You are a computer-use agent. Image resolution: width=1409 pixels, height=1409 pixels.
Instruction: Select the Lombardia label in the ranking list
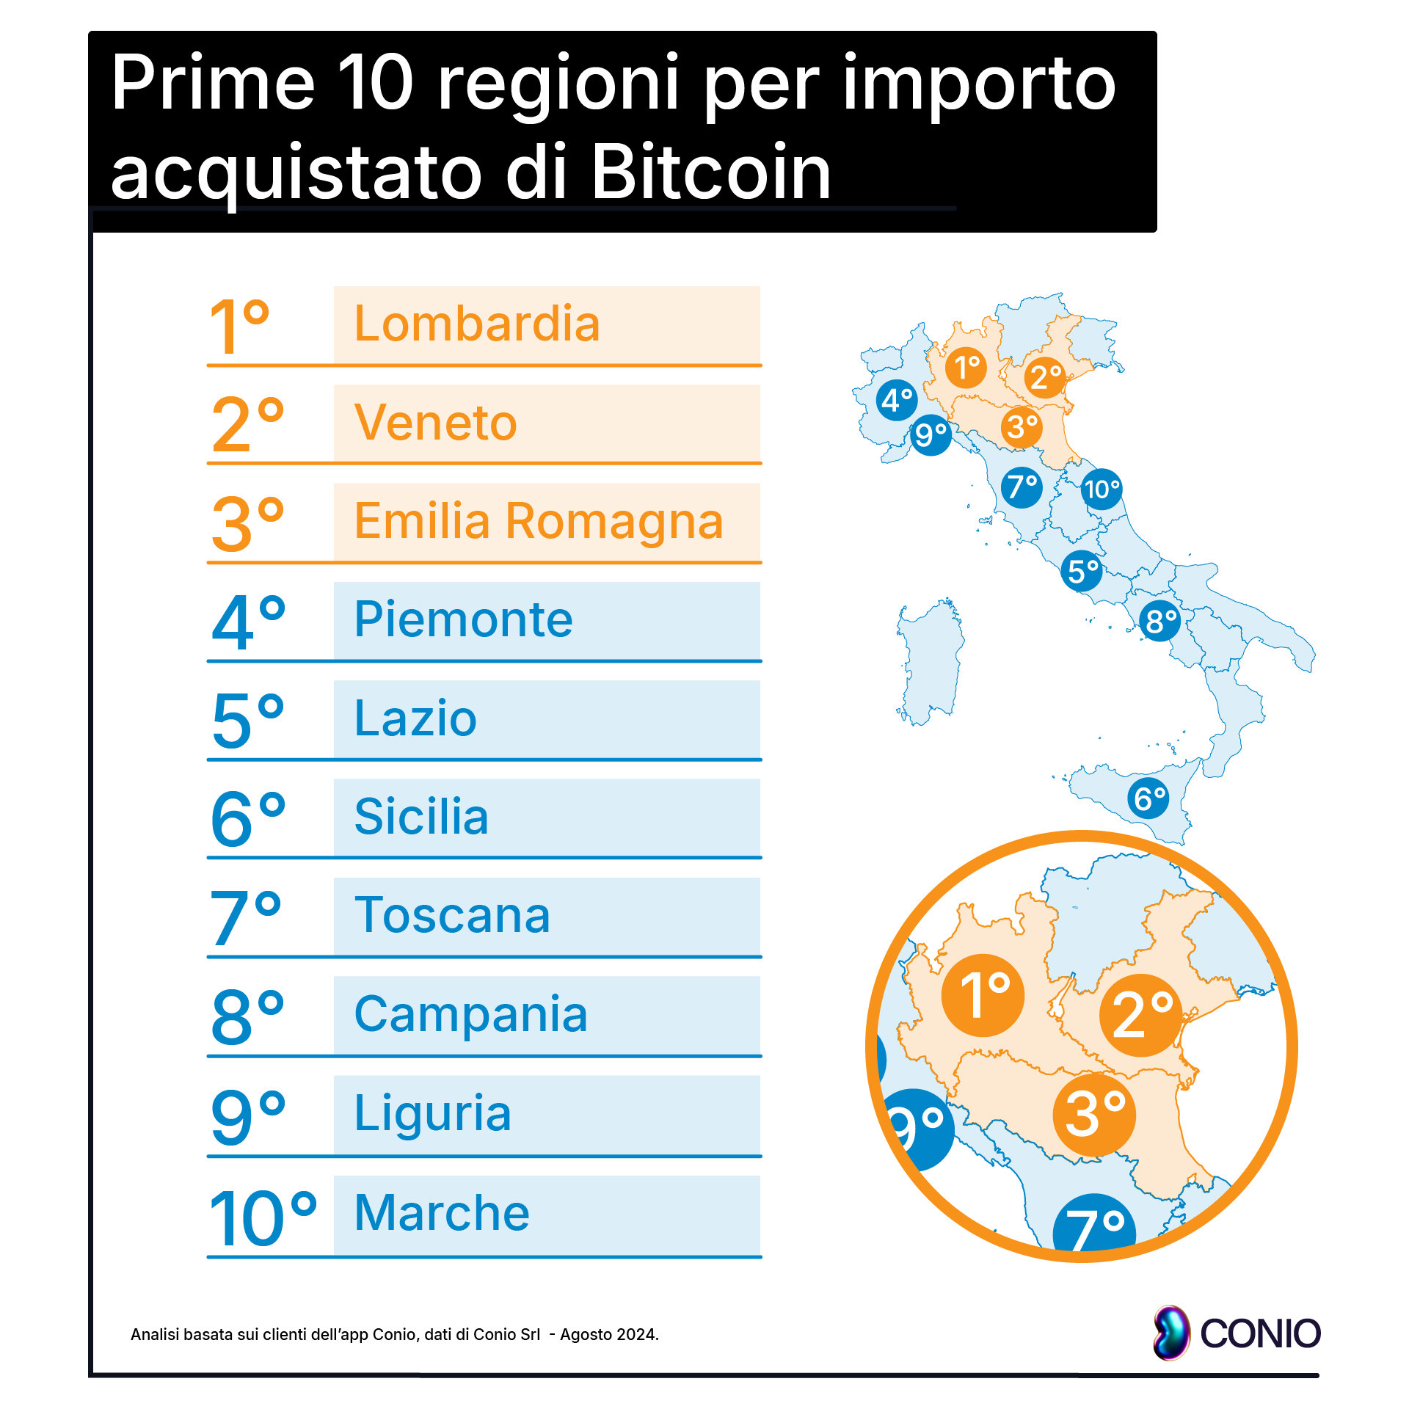(x=477, y=324)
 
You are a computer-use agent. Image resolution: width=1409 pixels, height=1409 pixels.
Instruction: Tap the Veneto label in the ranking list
(x=435, y=423)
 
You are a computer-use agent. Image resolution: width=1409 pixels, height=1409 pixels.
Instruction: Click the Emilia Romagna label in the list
(x=539, y=521)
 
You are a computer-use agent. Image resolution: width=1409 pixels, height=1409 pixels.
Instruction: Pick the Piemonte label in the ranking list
(x=463, y=619)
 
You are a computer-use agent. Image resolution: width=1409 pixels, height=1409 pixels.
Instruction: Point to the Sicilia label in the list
(x=421, y=816)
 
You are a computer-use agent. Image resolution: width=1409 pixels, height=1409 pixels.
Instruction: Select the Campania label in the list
(x=470, y=1014)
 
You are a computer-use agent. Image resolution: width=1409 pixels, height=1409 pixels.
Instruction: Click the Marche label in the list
(x=442, y=1212)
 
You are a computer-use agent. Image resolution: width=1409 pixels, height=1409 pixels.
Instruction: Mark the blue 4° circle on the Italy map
(x=897, y=400)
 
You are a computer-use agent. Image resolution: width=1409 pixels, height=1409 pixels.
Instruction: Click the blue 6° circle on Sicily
(x=1149, y=798)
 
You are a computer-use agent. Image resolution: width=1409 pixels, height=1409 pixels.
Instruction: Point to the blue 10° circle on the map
(x=1102, y=489)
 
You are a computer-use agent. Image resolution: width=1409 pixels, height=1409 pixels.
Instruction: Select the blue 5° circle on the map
(x=1082, y=571)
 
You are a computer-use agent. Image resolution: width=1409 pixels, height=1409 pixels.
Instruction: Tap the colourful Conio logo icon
(x=1171, y=1333)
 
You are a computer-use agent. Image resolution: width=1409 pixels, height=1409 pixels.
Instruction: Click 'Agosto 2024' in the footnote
(x=609, y=1334)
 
